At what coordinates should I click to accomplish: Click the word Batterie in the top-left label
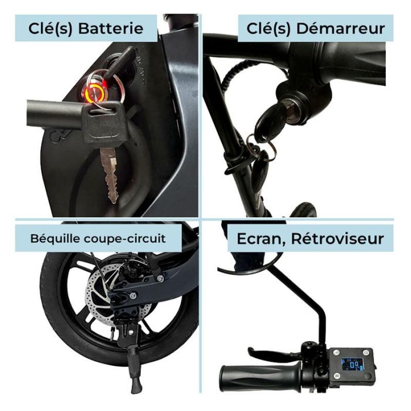point(110,28)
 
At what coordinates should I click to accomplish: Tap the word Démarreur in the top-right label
point(341,28)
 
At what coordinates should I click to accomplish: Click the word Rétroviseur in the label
point(338,238)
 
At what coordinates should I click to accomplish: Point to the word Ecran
point(261,239)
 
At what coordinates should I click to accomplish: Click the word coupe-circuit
point(125,239)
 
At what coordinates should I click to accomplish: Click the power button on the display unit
point(366,352)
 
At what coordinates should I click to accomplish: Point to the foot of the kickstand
point(136,387)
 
